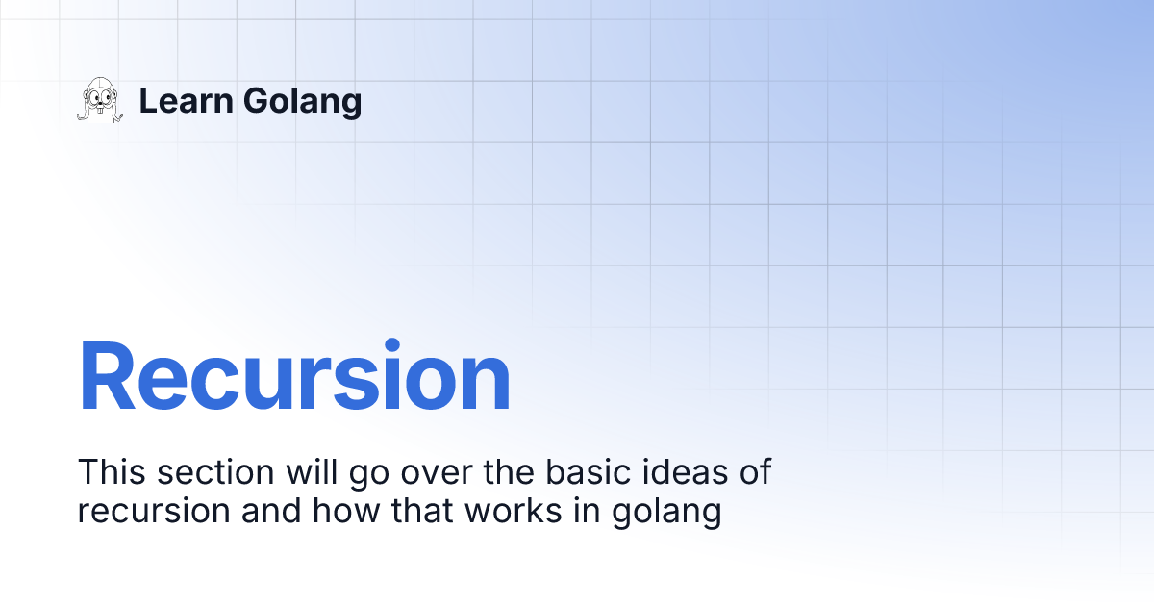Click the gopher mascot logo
pyautogui.click(x=100, y=100)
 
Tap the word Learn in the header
pyautogui.click(x=187, y=100)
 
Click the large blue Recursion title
pyautogui.click(x=294, y=376)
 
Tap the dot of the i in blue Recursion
pyautogui.click(x=392, y=345)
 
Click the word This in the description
pyautogui.click(x=112, y=471)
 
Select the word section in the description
pyautogui.click(x=215, y=472)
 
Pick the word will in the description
pyautogui.click(x=312, y=471)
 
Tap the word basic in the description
pyautogui.click(x=588, y=471)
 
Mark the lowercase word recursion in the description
pyautogui.click(x=154, y=511)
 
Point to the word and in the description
pyautogui.click(x=271, y=510)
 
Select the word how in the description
pyautogui.click(x=346, y=510)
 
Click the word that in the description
pyautogui.click(x=422, y=510)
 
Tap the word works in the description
pyautogui.click(x=514, y=510)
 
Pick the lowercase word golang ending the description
pyautogui.click(x=666, y=513)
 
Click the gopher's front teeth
pyautogui.click(x=100, y=109)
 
